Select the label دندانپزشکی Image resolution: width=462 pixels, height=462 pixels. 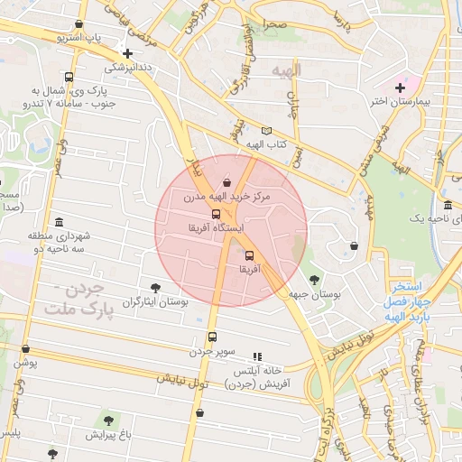[x=127, y=67]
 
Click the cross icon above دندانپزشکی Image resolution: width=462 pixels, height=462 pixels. [x=127, y=54]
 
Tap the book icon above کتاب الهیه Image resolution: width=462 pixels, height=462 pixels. [x=265, y=132]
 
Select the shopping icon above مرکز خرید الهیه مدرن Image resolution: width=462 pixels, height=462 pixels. [x=226, y=181]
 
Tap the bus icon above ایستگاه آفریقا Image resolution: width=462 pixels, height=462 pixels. [x=215, y=215]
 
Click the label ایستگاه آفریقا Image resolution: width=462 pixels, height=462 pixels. [x=215, y=228]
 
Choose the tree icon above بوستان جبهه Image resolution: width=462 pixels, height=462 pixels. [x=314, y=280]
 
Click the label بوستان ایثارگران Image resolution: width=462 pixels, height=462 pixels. [x=154, y=301]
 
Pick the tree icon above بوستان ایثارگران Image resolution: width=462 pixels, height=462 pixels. [x=155, y=288]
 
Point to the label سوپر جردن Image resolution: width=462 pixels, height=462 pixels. [x=212, y=350]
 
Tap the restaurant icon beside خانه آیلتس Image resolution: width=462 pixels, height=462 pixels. [x=257, y=357]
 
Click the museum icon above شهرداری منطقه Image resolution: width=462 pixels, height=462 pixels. [x=60, y=222]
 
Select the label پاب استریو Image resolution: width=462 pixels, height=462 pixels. [x=81, y=39]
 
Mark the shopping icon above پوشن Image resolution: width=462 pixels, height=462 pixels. [x=25, y=348]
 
